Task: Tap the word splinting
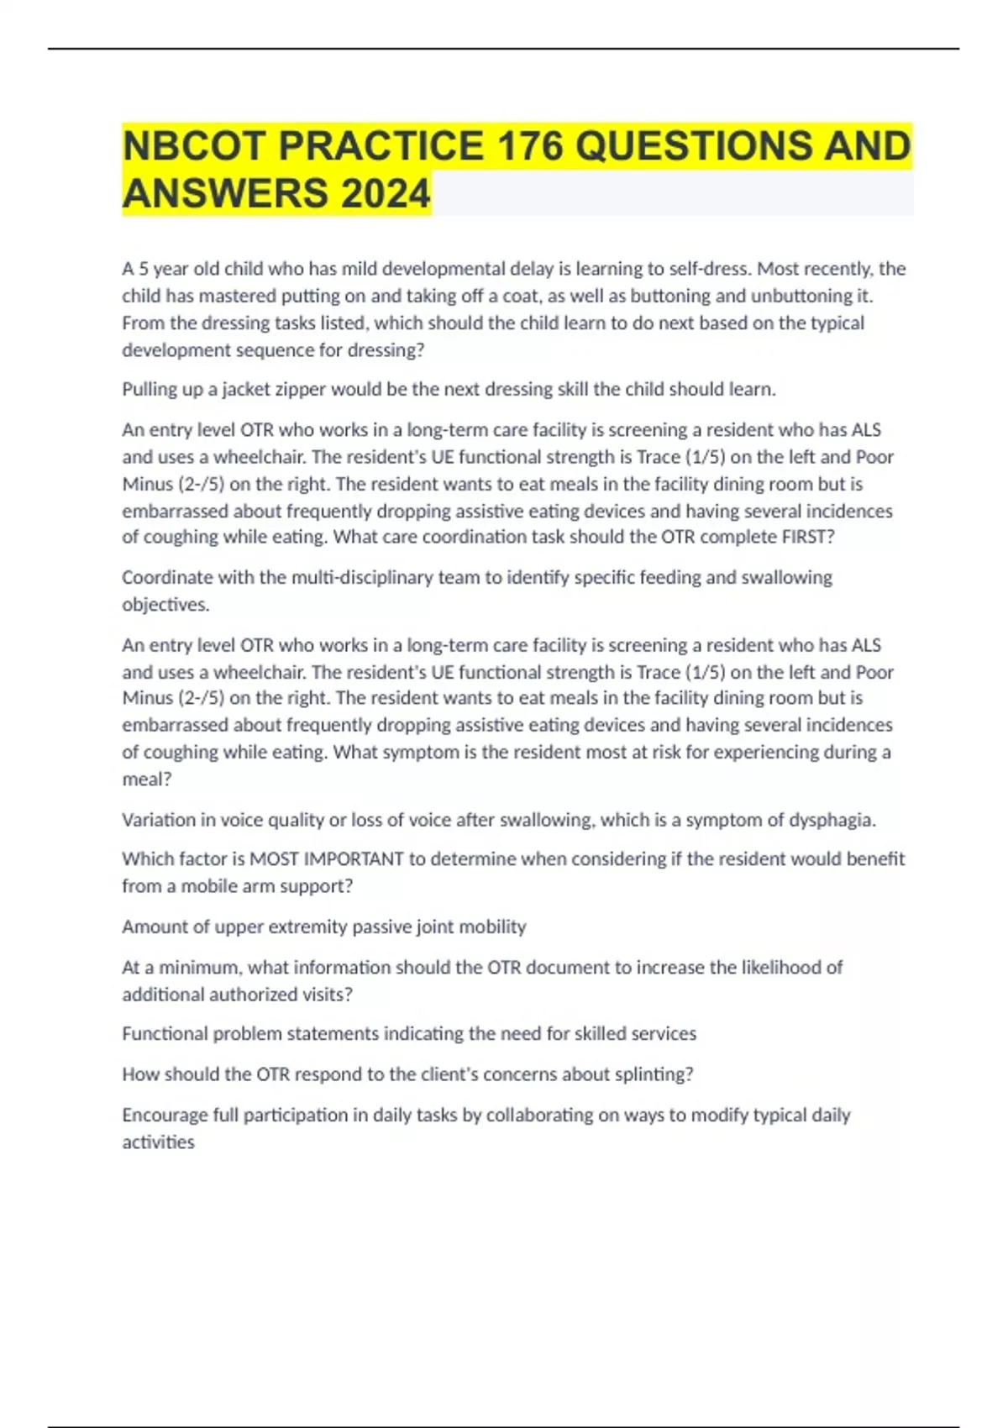click(659, 1074)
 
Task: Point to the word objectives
click(165, 605)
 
